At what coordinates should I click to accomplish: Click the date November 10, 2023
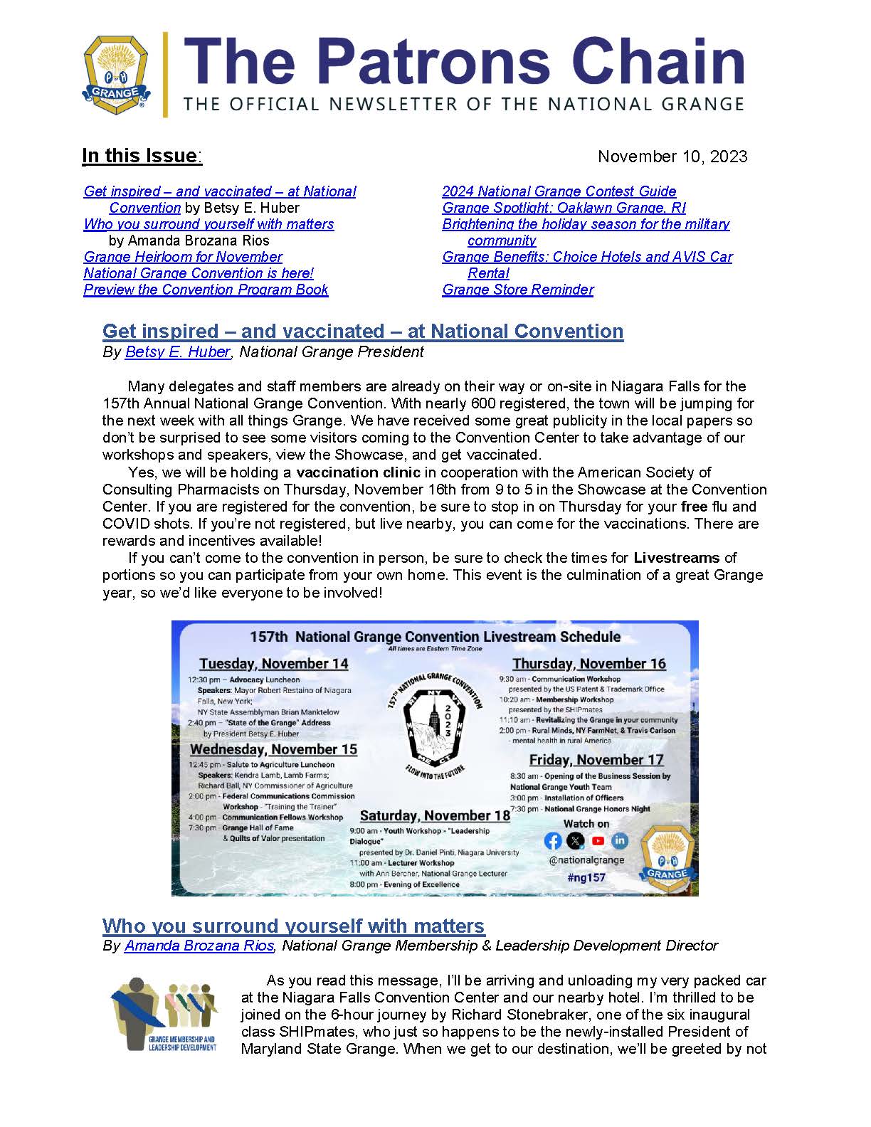click(x=672, y=157)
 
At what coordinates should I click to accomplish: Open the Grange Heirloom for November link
click(x=183, y=257)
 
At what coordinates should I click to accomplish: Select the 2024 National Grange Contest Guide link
click(x=559, y=191)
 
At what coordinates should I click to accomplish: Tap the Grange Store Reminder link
click(x=517, y=290)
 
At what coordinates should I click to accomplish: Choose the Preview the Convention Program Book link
click(x=206, y=290)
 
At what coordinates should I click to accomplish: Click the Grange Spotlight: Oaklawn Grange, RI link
click(x=564, y=208)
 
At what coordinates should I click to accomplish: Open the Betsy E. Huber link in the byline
click(x=177, y=352)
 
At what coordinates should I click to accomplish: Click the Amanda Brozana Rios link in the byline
click(x=199, y=946)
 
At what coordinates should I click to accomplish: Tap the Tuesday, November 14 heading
click(x=273, y=664)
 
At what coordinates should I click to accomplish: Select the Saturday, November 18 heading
click(x=435, y=815)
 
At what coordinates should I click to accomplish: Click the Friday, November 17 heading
click(x=596, y=760)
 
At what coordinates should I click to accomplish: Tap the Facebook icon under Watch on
click(x=553, y=841)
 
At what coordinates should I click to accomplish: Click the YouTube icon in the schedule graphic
click(x=598, y=841)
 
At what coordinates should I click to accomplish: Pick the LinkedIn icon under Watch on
click(x=620, y=841)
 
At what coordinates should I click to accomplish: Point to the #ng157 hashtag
click(x=586, y=877)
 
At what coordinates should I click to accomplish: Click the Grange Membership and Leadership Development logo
click(x=164, y=1015)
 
